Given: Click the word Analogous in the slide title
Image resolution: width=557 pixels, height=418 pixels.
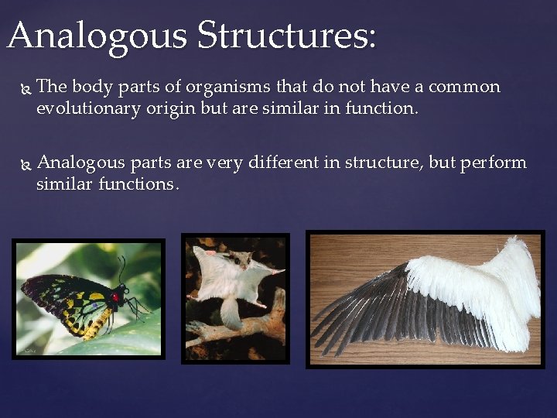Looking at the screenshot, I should pos(96,36).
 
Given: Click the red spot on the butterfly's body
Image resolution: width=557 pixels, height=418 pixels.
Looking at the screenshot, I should pos(116,296).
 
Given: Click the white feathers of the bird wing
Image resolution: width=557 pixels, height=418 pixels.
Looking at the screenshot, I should pos(480,286).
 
